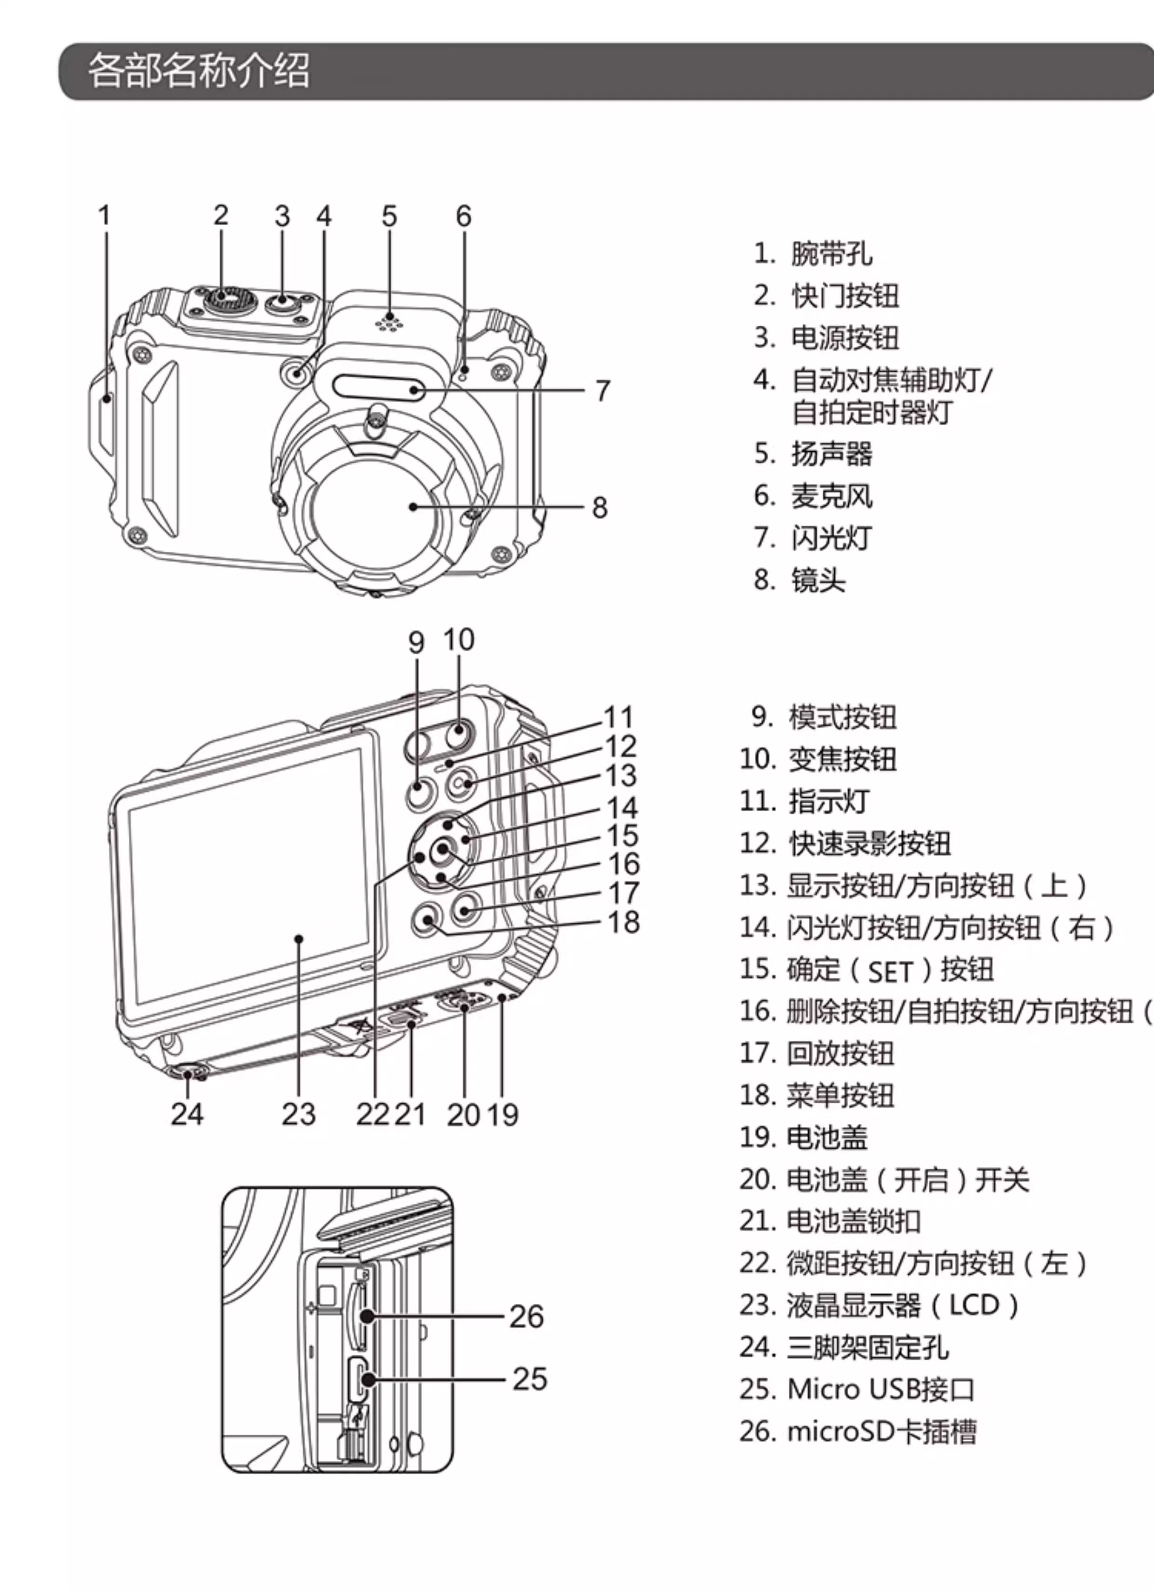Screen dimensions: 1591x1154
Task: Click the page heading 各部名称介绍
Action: [199, 71]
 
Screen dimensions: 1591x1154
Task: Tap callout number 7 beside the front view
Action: [603, 391]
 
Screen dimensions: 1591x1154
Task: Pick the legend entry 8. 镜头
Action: [800, 580]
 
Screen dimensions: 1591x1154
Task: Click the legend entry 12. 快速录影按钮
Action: [845, 843]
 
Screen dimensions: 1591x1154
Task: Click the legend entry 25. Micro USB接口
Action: [857, 1389]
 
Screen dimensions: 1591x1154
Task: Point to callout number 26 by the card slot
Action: [526, 1317]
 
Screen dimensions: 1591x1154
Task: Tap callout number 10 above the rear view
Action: [459, 640]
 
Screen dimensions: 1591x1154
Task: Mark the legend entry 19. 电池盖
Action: [804, 1137]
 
